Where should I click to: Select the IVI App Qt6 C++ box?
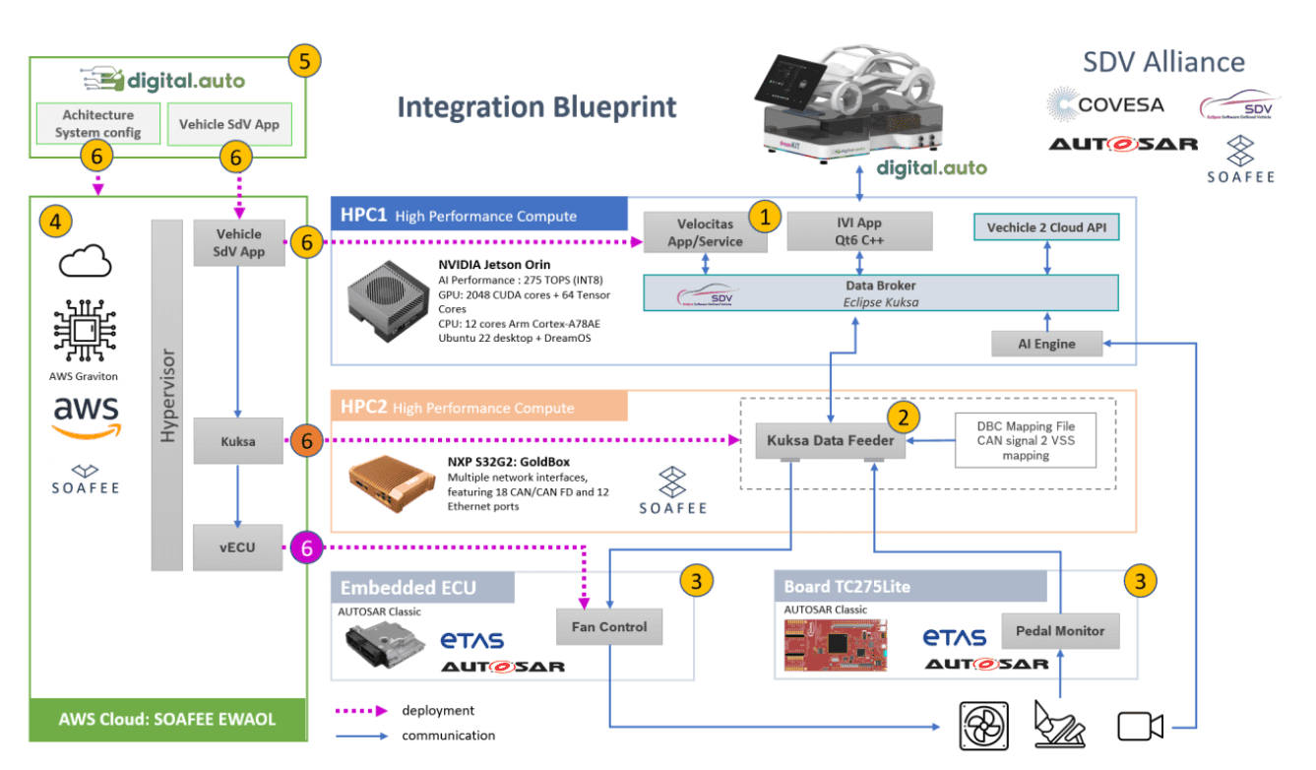860,232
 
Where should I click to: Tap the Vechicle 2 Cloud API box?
1047,228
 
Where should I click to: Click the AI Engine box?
1047,345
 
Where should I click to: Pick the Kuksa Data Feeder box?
831,440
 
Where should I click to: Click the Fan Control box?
609,626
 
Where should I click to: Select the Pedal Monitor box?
1060,631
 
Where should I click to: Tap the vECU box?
238,546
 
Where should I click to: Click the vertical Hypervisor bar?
166,394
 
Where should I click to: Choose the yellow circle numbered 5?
305,61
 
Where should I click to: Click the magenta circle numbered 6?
306,547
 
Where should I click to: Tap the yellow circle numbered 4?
54,223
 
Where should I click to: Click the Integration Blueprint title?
536,106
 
